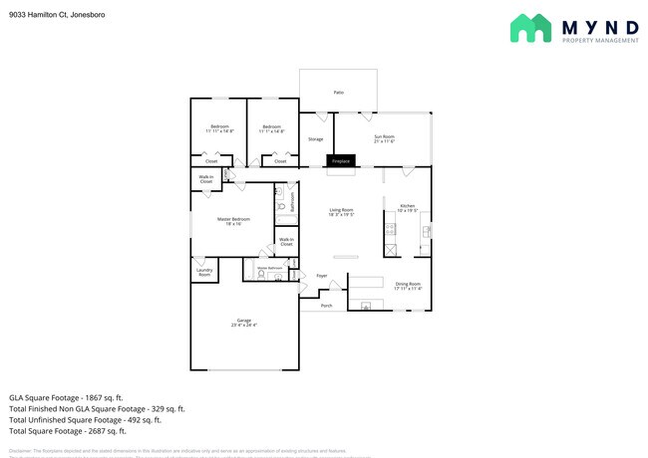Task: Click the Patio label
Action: tap(338, 93)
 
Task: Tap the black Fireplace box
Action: tap(341, 160)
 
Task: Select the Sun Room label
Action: tap(384, 138)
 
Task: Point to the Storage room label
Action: tap(315, 139)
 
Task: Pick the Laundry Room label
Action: tap(204, 273)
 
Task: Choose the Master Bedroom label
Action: tap(233, 221)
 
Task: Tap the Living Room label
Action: tap(342, 212)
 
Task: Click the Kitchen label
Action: tap(407, 208)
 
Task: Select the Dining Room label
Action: tap(408, 286)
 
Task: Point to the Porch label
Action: tap(327, 306)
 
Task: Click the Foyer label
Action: tap(322, 275)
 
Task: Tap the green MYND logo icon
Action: tap(530, 28)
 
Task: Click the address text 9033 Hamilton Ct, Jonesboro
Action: tap(58, 16)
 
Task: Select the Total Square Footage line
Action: tap(68, 431)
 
